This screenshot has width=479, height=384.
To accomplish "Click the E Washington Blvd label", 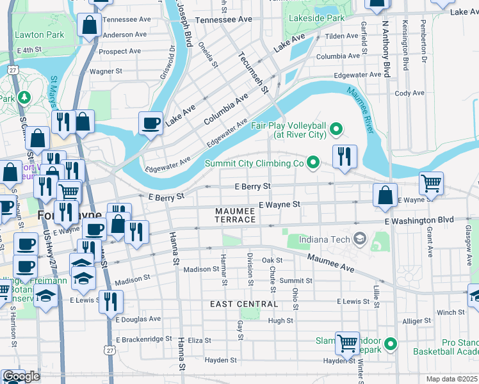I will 419,220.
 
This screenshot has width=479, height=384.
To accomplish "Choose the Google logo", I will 21,376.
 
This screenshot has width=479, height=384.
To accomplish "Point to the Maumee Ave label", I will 330,262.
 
